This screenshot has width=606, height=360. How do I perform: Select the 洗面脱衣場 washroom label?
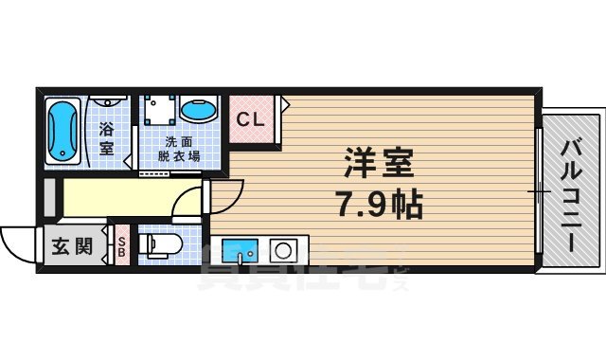click(177, 150)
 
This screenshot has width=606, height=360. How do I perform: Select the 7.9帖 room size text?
click(377, 204)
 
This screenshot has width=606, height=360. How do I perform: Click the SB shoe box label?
click(121, 249)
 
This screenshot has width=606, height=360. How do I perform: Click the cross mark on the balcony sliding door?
click(540, 193)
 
